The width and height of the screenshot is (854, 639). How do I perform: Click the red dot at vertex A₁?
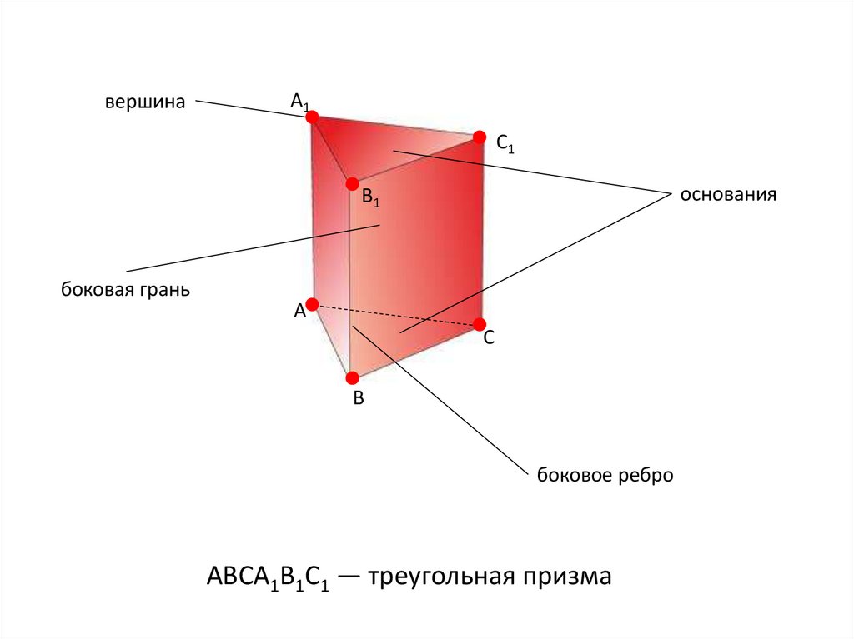[313, 117]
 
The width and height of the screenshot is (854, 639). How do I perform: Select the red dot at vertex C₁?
[479, 137]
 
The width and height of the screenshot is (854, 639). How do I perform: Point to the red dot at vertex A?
[312, 304]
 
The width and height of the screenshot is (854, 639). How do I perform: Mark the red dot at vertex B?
[352, 377]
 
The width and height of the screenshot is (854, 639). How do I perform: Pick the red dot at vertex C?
[480, 323]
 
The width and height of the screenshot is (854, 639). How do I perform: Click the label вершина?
[143, 102]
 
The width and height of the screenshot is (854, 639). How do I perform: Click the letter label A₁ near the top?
[299, 102]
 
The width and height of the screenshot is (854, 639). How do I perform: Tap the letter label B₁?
[370, 200]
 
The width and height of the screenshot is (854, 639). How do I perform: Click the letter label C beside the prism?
[490, 338]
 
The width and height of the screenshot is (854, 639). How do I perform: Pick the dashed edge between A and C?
[396, 314]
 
